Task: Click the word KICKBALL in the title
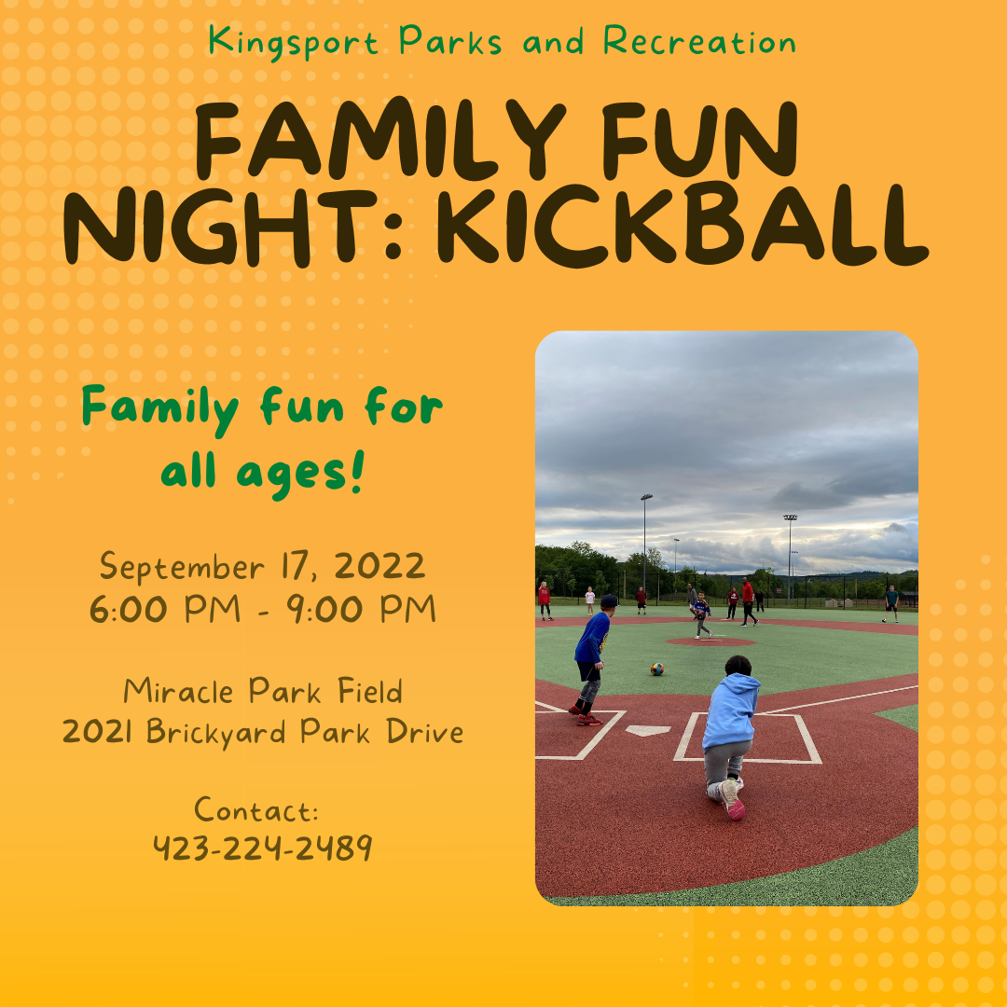coord(682,225)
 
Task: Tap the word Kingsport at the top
coord(293,42)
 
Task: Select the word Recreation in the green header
coord(699,41)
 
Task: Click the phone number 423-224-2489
coord(263,848)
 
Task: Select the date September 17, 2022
coord(262,567)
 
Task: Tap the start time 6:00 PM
coord(165,609)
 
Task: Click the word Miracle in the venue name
coord(178,691)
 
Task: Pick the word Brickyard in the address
coord(215,733)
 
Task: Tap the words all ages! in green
coord(263,474)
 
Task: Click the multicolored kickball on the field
coord(656,669)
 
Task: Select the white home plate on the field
coord(648,730)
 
